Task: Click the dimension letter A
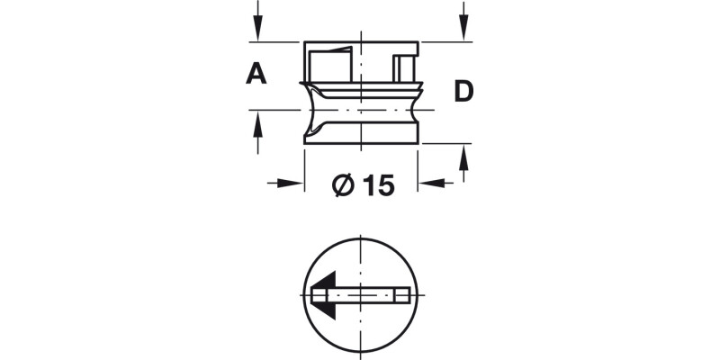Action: coord(256,74)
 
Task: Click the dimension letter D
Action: coord(463,91)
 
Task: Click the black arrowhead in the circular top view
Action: coord(323,294)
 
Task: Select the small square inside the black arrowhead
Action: coord(319,294)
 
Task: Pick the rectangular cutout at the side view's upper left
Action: coord(328,67)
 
